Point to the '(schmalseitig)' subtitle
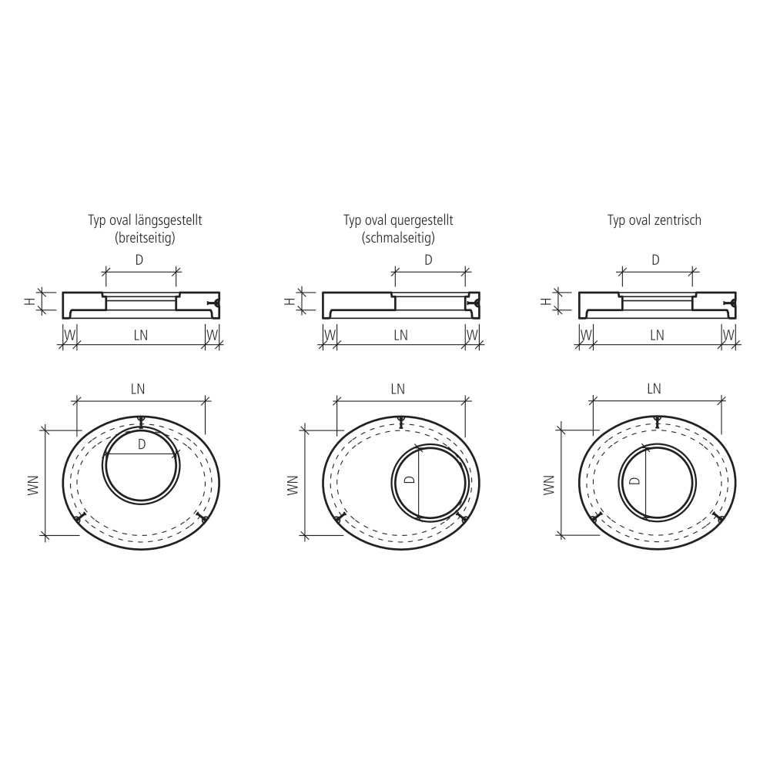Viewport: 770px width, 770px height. (398, 238)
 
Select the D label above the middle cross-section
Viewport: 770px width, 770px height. (428, 260)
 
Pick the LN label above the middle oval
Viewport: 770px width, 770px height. (397, 389)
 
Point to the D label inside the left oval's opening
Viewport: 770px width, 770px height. (142, 444)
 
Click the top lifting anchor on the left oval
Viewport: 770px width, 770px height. (141, 420)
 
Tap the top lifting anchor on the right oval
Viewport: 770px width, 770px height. (657, 420)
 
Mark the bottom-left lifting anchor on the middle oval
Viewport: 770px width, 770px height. (338, 521)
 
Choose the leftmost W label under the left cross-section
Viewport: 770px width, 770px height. (69, 335)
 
